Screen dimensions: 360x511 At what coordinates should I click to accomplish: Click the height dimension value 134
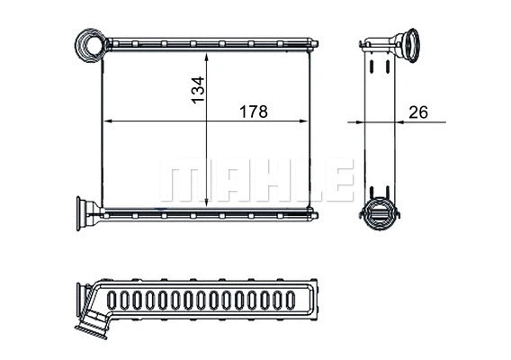click(199, 90)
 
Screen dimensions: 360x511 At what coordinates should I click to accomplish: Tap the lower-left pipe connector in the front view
click(90, 212)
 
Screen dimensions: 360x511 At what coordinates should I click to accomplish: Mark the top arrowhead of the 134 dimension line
click(209, 54)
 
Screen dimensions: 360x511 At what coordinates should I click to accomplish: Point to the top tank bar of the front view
click(207, 42)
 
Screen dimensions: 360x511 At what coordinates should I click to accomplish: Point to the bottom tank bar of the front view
click(207, 213)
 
